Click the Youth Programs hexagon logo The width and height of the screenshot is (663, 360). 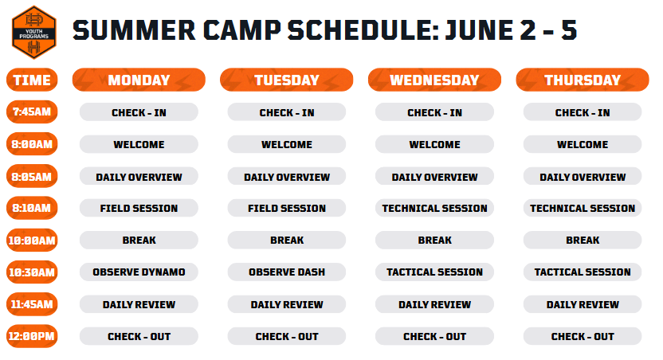click(x=33, y=32)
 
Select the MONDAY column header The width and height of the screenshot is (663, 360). click(x=139, y=80)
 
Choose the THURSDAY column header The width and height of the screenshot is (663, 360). click(x=583, y=80)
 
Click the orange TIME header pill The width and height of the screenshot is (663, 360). click(x=32, y=80)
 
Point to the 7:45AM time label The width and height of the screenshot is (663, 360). click(x=32, y=112)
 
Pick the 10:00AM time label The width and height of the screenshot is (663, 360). click(x=32, y=241)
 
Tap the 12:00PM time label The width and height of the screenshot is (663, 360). click(x=32, y=336)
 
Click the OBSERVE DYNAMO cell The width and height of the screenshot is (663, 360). click(x=139, y=272)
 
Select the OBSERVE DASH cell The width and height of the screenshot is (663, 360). click(x=287, y=272)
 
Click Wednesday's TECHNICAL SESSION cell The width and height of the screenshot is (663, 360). click(x=434, y=208)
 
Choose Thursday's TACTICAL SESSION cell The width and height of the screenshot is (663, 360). click(x=583, y=272)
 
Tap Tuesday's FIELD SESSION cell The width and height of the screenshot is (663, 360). click(x=287, y=208)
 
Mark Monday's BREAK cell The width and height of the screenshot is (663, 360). click(x=139, y=240)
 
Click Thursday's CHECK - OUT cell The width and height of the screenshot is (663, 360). click(x=583, y=336)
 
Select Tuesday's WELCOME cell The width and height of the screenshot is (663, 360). click(x=287, y=144)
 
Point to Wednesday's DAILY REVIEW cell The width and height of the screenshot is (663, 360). click(x=434, y=304)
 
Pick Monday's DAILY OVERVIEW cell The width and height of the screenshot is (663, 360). click(x=139, y=176)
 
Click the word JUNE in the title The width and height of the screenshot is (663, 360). click(x=479, y=30)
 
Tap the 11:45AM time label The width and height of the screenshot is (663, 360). click(x=32, y=304)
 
